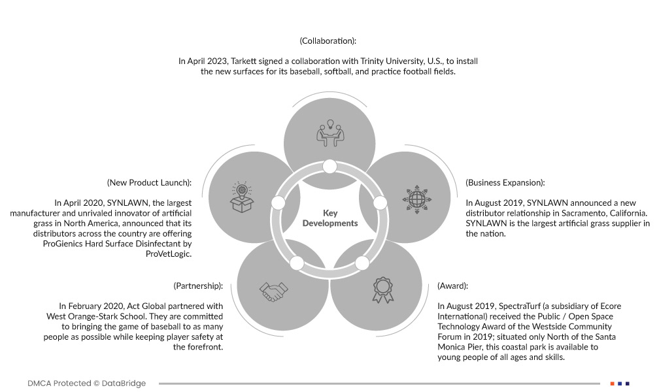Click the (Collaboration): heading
tap(328, 41)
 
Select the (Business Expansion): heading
tap(505, 183)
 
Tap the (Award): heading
tap(452, 286)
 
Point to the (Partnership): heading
tap(198, 286)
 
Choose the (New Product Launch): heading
tap(149, 183)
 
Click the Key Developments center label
tap(330, 218)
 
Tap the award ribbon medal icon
tap(383, 290)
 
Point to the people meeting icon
tap(329, 133)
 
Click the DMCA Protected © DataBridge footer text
tap(87, 384)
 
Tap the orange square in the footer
tap(612, 384)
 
